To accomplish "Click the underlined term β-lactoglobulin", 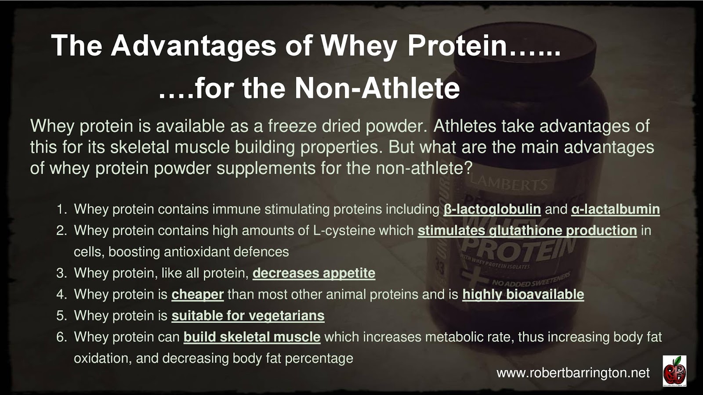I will click(x=492, y=209).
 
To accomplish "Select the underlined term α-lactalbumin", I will click(x=615, y=209).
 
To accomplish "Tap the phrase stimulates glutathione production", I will click(x=527, y=230).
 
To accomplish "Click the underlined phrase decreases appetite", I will click(x=314, y=273).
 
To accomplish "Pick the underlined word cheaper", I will click(x=197, y=294).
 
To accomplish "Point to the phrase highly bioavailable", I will click(x=523, y=294).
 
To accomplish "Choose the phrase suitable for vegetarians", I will click(x=248, y=316).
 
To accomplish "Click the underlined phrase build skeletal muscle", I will click(x=252, y=337).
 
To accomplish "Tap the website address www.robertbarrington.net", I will click(x=573, y=373).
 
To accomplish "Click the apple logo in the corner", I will click(x=674, y=371).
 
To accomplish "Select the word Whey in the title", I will click(x=359, y=45).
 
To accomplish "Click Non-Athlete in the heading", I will click(x=377, y=88).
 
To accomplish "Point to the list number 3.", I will click(x=61, y=273).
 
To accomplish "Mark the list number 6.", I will click(x=61, y=337).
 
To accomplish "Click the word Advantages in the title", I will click(x=193, y=45).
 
